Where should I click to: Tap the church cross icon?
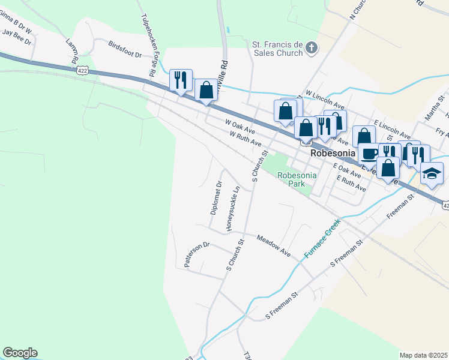point(312,47)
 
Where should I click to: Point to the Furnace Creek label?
point(322,238)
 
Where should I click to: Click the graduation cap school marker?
point(432,173)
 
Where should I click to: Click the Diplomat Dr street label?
point(216,199)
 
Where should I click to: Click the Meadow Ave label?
point(273,246)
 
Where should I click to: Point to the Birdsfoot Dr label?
point(125,49)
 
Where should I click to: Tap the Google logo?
point(20,353)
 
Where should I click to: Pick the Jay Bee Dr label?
point(16,36)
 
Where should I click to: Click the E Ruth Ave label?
point(351,183)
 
